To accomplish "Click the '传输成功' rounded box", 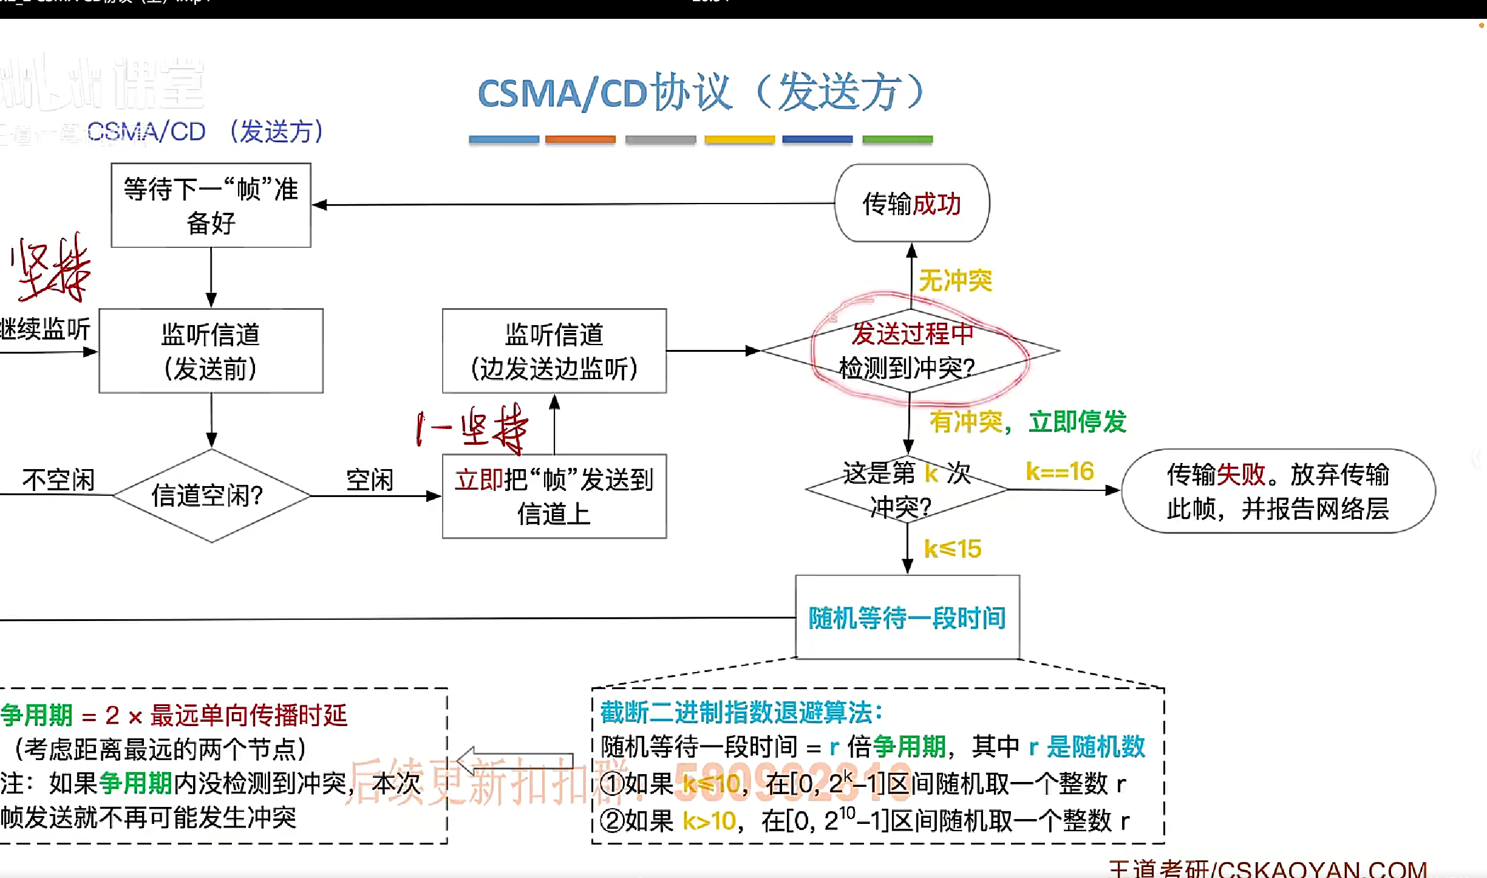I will (912, 204).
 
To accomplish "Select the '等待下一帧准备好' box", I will (211, 205).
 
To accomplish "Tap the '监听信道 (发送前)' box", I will (211, 351).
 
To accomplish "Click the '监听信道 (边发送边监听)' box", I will (554, 351).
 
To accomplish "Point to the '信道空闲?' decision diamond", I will (211, 496).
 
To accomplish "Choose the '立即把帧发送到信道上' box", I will (554, 496).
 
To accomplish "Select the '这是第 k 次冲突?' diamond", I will (907, 489).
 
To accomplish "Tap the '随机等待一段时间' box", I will (907, 617).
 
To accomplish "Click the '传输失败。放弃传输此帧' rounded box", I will (1278, 491).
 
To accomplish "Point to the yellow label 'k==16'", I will (1060, 472).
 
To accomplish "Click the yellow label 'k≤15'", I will (952, 549).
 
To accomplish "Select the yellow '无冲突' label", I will (955, 281).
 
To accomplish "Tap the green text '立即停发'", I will (1078, 422).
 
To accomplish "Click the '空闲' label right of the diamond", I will (370, 480).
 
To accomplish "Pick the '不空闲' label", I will (58, 480).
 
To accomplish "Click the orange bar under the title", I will (580, 140).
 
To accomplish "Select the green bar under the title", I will (897, 140).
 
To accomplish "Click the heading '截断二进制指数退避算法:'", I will (741, 712).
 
